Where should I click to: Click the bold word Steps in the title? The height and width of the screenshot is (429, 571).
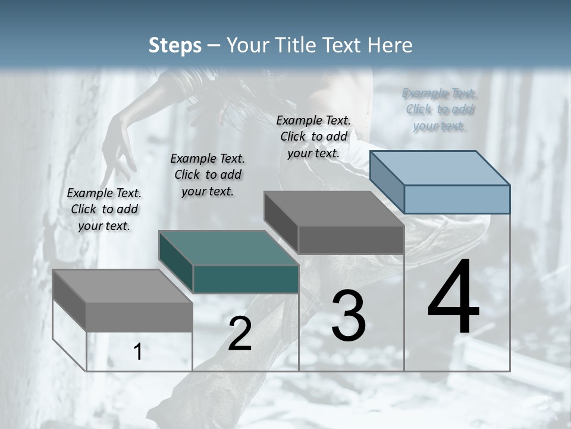click(175, 45)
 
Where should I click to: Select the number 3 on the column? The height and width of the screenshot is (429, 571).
click(349, 316)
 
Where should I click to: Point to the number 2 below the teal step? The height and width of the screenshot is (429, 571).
click(240, 334)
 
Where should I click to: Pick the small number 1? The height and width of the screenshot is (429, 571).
click(138, 352)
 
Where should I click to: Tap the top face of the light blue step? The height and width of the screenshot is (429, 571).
click(440, 167)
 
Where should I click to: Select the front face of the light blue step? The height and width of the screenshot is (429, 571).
click(457, 199)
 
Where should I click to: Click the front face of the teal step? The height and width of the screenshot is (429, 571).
click(245, 279)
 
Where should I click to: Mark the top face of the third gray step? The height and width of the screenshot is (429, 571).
click(334, 209)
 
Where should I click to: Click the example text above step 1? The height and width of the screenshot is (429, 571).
click(104, 209)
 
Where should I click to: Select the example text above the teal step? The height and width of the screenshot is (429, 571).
click(208, 175)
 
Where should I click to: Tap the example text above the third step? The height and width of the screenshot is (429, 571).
click(313, 136)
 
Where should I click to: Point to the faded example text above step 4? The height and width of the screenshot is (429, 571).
click(440, 110)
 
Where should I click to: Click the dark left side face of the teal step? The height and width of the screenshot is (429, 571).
click(176, 262)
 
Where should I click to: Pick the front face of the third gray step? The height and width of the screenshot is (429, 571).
click(351, 240)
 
